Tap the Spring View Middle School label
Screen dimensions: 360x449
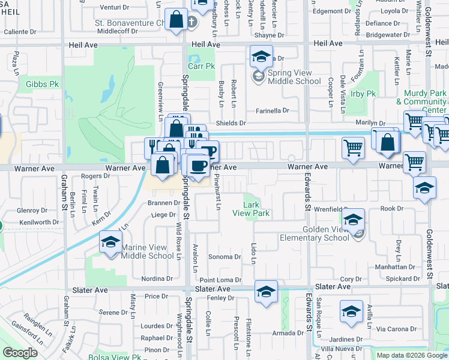(295, 77)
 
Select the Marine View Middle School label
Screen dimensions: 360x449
(148, 251)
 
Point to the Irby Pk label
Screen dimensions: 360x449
(363, 94)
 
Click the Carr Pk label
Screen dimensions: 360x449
(201, 66)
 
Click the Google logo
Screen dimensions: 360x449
(20, 353)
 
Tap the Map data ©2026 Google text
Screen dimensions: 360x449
(412, 355)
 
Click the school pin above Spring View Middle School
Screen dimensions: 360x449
(261, 58)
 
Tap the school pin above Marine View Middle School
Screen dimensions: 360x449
(110, 243)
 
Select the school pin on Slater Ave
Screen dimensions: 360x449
(266, 292)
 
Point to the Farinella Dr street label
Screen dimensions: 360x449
(273, 110)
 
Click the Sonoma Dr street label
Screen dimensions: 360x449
(224, 257)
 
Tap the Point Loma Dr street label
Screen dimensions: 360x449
(220, 280)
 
